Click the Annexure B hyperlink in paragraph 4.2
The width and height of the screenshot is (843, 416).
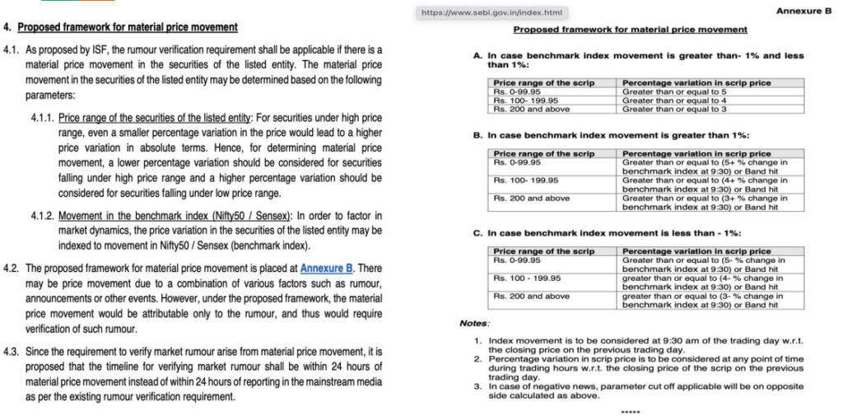click(327, 268)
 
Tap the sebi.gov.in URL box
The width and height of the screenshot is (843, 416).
click(492, 12)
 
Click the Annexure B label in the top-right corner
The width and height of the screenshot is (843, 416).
click(803, 11)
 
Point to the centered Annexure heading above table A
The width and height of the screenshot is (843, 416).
click(630, 30)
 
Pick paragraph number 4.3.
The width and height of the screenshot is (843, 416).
click(13, 352)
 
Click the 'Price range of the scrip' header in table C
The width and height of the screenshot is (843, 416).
click(543, 251)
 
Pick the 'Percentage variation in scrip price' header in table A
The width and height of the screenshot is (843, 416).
click(696, 83)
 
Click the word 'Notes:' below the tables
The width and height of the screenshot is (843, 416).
click(474, 323)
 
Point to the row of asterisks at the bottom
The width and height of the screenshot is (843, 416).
click(630, 410)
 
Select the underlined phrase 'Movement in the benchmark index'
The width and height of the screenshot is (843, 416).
click(135, 216)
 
